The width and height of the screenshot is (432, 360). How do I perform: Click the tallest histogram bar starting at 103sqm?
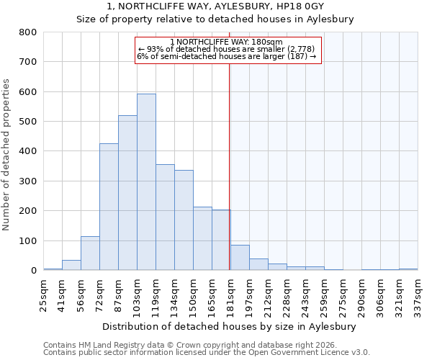(x=146, y=182)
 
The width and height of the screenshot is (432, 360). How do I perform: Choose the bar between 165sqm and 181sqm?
(x=221, y=240)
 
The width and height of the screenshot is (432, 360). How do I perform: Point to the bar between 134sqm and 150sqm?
(x=184, y=220)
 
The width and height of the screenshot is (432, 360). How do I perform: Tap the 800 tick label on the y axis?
(x=28, y=32)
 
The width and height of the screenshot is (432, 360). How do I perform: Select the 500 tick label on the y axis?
(x=28, y=122)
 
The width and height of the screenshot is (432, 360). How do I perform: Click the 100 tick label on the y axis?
(x=28, y=240)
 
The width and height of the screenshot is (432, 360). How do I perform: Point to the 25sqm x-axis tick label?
(x=44, y=294)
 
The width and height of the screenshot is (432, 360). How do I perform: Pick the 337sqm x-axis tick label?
(x=418, y=294)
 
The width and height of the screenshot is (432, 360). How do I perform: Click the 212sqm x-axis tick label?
(x=268, y=294)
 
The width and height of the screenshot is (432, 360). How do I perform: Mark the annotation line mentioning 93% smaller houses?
(x=227, y=49)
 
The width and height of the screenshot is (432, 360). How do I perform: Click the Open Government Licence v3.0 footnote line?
(x=206, y=353)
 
